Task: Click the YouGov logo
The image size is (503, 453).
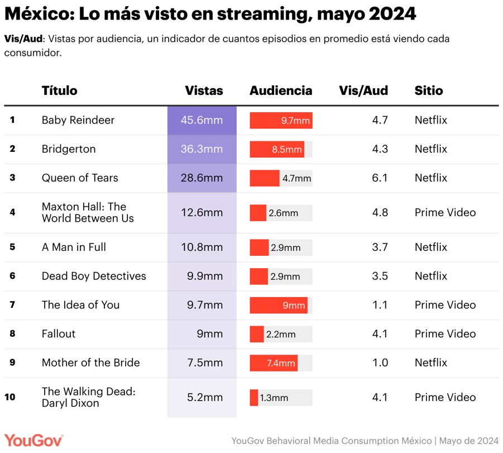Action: [33, 440]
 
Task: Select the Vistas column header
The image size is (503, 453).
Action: [204, 90]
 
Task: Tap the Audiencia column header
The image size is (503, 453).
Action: [281, 90]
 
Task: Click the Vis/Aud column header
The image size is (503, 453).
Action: [363, 90]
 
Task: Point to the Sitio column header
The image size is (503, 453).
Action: [429, 90]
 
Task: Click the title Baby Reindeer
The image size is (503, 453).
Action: [78, 120]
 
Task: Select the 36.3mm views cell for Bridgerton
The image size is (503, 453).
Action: [202, 149]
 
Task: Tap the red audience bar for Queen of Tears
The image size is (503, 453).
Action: [265, 178]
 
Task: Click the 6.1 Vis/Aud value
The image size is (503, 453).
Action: [380, 178]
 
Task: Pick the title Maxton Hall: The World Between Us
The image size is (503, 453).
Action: [88, 213]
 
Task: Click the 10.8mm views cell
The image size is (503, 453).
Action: [202, 247]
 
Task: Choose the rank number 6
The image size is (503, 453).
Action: [12, 276]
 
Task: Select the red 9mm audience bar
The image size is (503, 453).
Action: [279, 305]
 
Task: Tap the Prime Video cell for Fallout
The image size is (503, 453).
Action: [445, 334]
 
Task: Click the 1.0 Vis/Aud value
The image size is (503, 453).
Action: [380, 363]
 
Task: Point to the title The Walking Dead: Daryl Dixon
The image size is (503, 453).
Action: [88, 397]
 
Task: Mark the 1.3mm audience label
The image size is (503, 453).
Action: [274, 398]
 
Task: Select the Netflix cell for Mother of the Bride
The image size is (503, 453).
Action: [431, 363]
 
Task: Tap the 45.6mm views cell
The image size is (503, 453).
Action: [202, 120]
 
